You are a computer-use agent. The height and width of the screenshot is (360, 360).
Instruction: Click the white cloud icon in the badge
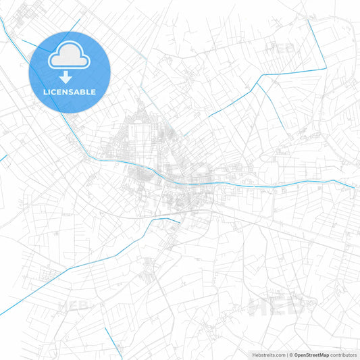click(70, 57)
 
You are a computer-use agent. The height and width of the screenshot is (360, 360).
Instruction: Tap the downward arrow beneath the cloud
click(70, 77)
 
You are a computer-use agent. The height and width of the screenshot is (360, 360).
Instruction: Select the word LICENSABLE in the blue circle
click(70, 92)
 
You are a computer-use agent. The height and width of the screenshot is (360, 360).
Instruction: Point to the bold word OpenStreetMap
click(311, 355)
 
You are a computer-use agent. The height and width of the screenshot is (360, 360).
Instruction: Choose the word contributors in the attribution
click(344, 355)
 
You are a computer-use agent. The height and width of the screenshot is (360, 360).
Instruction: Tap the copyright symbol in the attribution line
click(291, 355)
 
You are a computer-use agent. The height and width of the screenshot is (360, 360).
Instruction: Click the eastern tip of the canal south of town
click(179, 220)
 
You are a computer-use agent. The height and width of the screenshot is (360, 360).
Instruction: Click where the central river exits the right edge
click(355, 187)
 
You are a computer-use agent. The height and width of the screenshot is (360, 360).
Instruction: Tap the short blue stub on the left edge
click(3, 158)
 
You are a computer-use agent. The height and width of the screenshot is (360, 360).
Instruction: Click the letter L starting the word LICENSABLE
click(45, 92)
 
